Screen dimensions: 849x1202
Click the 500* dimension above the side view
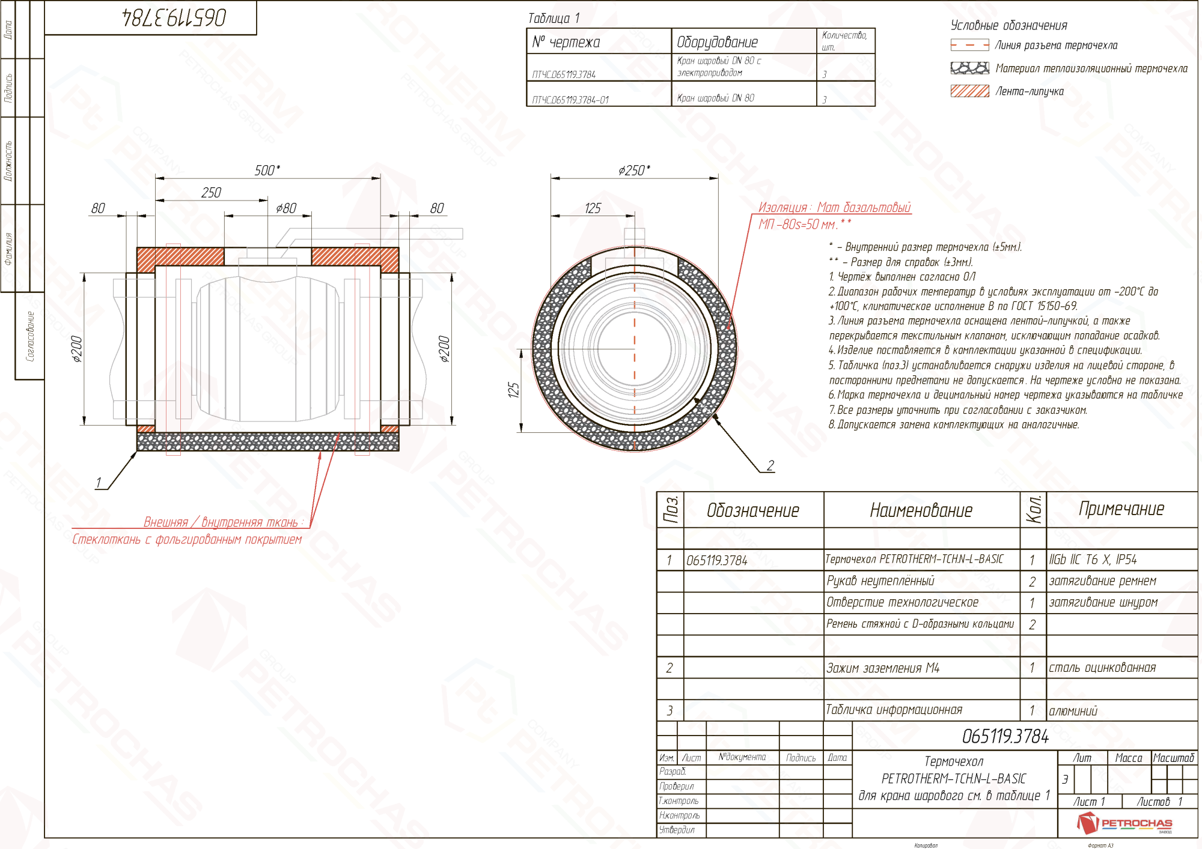tap(267, 171)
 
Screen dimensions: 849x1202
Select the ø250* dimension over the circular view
tap(634, 171)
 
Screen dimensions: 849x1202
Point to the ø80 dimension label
tap(286, 208)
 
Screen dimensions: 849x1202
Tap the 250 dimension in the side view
tap(211, 193)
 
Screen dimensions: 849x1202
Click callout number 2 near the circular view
tap(770, 465)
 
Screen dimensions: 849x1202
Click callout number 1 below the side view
tap(99, 483)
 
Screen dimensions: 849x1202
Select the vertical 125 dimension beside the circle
tap(513, 390)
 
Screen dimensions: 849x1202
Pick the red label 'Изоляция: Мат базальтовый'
tap(834, 208)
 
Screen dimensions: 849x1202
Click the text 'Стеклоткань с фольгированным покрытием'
tap(187, 539)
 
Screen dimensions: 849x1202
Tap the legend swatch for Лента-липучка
tap(969, 91)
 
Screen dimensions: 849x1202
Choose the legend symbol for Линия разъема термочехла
tap(969, 45)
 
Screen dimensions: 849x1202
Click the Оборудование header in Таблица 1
tap(717, 42)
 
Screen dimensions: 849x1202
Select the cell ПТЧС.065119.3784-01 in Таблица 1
tap(570, 100)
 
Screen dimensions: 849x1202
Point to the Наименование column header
tap(921, 510)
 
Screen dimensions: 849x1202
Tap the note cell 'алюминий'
tap(1073, 711)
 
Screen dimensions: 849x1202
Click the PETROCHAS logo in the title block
tap(1124, 823)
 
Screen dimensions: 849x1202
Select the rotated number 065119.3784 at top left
tap(174, 17)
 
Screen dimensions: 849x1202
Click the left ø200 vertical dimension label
tap(77, 349)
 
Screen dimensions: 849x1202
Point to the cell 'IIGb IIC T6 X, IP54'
tap(1093, 560)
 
